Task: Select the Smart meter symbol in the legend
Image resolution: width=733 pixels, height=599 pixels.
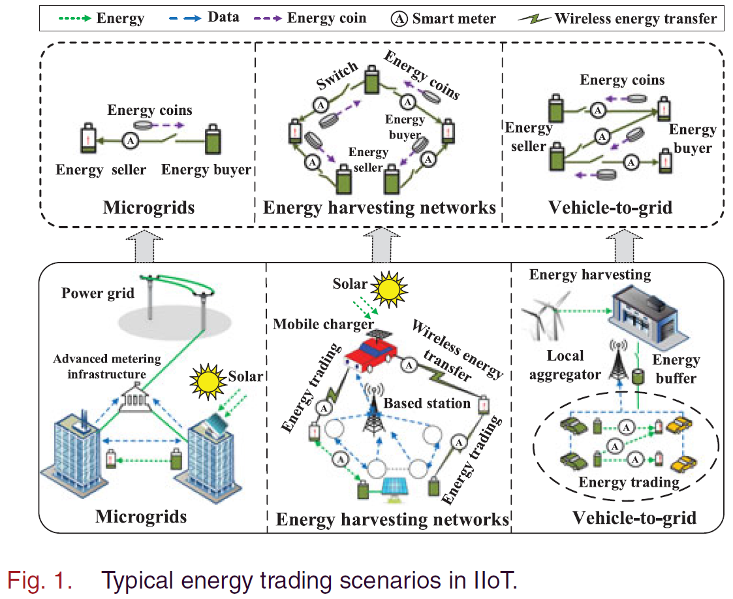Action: tap(399, 18)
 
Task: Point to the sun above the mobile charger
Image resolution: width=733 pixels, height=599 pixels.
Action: tap(388, 287)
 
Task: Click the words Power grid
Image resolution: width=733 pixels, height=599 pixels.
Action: tap(98, 293)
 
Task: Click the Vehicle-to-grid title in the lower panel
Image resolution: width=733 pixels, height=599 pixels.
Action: tap(634, 518)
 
